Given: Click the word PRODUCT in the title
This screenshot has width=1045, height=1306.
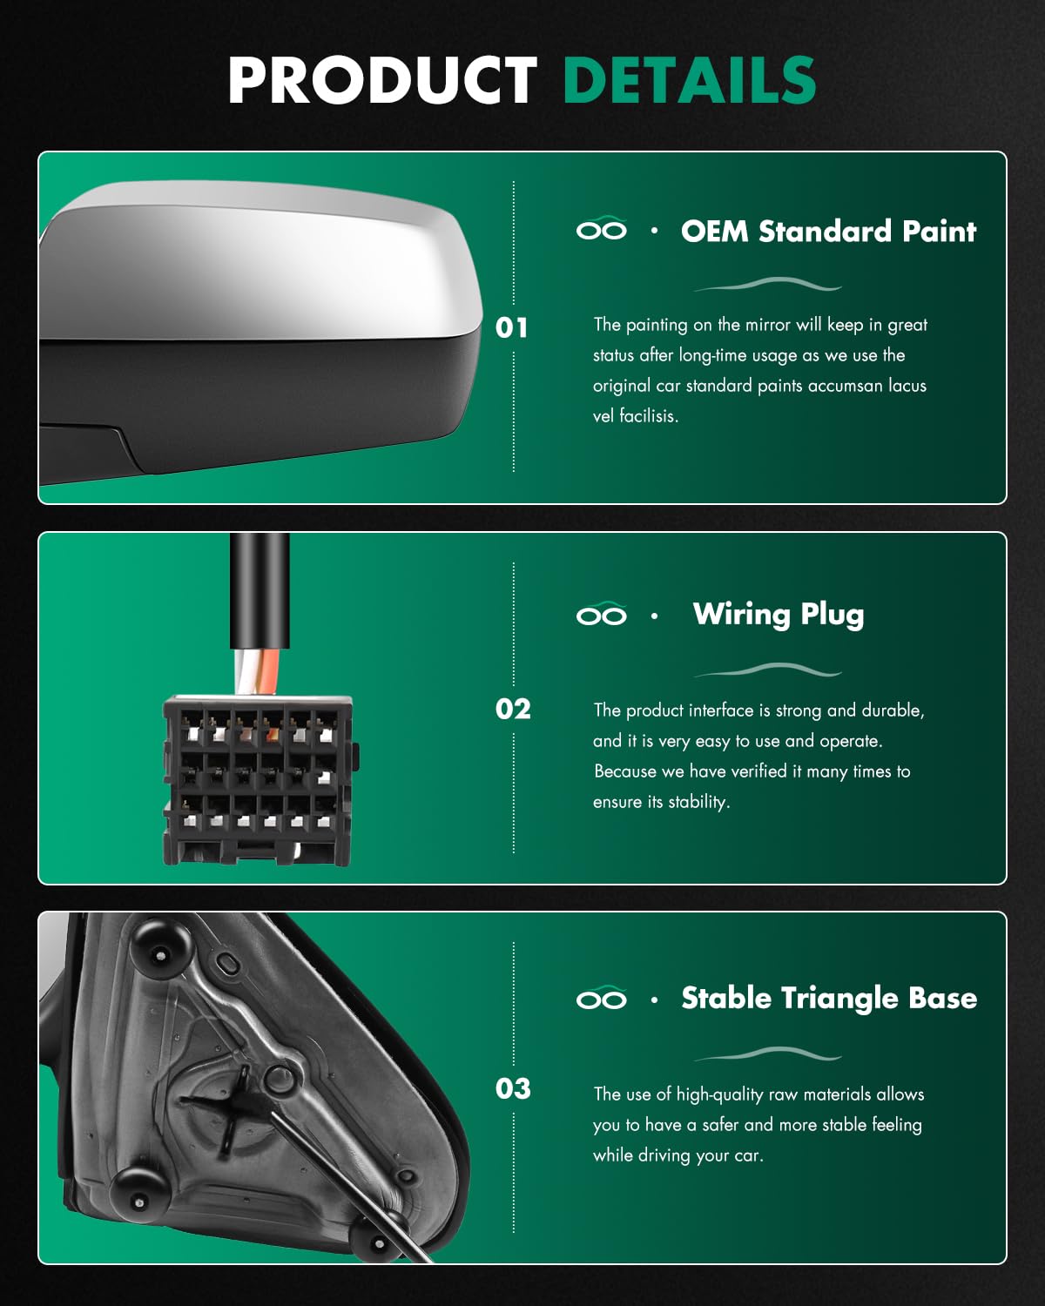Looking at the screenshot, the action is (383, 79).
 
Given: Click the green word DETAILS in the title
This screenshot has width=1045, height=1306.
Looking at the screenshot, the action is (690, 79).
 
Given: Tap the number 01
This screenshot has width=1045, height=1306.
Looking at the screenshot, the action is (511, 327).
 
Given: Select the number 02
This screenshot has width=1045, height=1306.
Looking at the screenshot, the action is (513, 709).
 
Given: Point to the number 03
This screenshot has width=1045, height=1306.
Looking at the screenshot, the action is (513, 1088).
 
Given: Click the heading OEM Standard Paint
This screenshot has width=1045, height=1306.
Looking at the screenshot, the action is (829, 232).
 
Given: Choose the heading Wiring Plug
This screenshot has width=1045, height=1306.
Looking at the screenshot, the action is (779, 616).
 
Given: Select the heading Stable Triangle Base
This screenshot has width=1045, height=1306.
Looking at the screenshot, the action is (829, 999).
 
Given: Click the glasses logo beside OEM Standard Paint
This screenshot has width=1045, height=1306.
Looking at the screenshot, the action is (601, 228).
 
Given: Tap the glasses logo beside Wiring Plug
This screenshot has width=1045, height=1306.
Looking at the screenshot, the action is (601, 614).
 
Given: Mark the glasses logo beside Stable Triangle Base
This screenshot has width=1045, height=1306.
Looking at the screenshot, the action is (601, 998).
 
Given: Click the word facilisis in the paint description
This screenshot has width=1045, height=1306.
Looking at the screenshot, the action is (648, 416).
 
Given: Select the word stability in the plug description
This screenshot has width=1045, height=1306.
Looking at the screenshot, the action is (699, 802).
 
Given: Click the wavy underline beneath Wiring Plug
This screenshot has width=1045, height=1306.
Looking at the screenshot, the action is (767, 670).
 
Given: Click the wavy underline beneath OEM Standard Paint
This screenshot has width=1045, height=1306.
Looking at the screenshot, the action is (767, 284).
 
